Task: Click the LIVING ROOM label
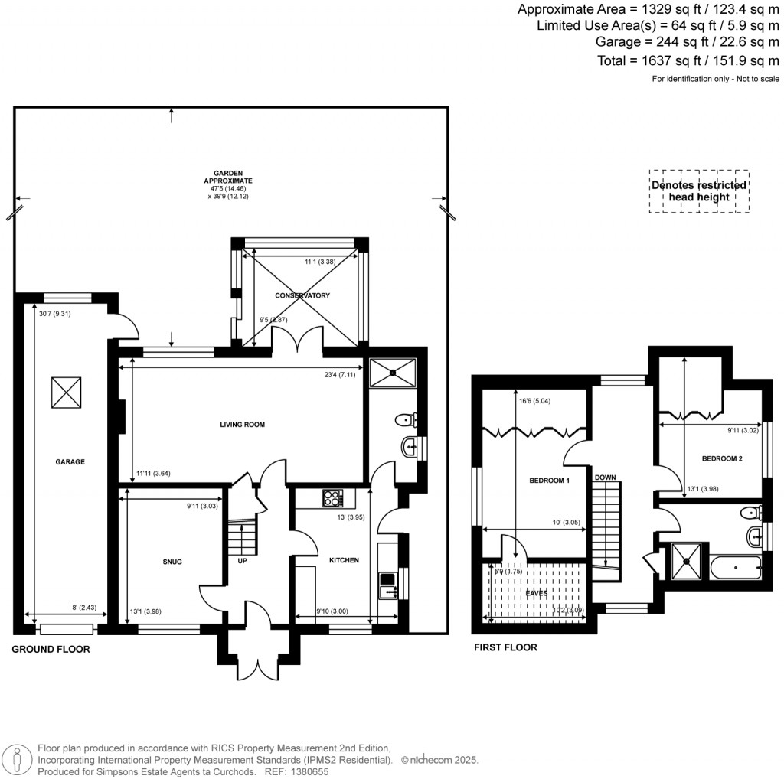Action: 241,424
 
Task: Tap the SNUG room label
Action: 172,562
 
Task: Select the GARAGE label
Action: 70,461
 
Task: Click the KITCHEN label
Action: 344,561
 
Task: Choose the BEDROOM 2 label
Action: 722,458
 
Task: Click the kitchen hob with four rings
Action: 333,498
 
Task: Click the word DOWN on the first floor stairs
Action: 606,478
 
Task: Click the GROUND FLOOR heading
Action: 51,649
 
